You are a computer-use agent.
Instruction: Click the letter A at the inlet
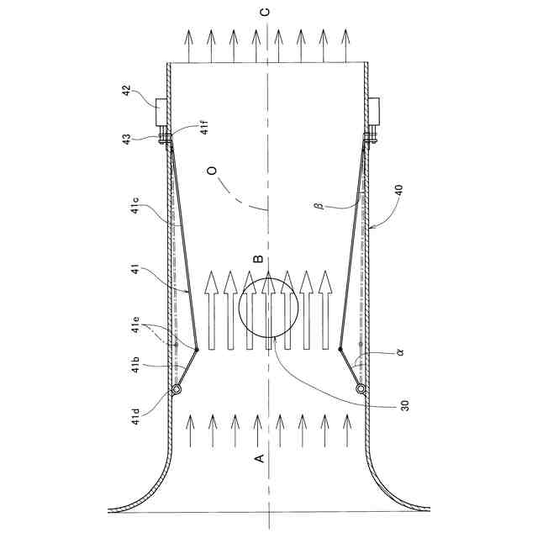(260, 456)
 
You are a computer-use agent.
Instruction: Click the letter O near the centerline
(213, 171)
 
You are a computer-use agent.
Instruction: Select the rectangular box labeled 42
(161, 112)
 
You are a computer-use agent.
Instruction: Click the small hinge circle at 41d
(177, 389)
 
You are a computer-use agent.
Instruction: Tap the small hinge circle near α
(361, 389)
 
